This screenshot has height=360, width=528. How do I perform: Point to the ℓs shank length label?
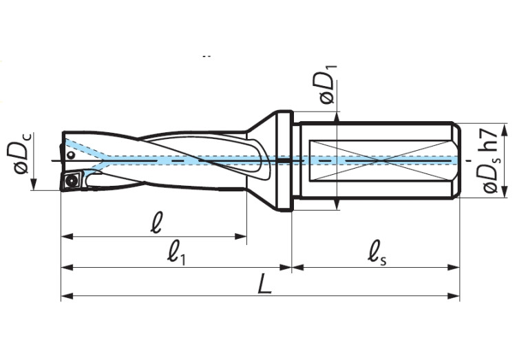click(x=376, y=255)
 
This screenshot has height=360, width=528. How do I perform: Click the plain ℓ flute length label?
click(x=158, y=223)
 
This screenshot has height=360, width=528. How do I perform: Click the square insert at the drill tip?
click(x=71, y=181)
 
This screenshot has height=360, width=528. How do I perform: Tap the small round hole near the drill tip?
click(x=71, y=154)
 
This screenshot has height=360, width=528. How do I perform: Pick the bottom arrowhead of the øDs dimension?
click(x=506, y=195)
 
